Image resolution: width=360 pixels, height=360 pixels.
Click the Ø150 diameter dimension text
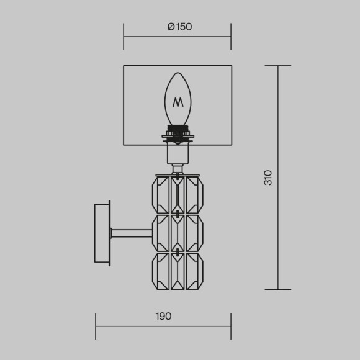(x=179, y=27)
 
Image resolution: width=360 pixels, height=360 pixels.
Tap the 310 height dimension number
(x=268, y=178)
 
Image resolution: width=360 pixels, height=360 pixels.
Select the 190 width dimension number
(x=163, y=316)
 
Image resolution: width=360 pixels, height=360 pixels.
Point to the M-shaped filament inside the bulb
(x=178, y=102)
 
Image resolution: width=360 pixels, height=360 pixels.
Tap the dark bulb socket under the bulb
(x=178, y=133)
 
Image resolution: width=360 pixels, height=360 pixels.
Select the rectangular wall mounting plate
(x=102, y=233)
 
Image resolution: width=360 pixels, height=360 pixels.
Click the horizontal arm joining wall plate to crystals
(x=132, y=233)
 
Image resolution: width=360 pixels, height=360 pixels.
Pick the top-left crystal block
(x=161, y=194)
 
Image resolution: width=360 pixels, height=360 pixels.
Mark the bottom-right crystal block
(x=195, y=271)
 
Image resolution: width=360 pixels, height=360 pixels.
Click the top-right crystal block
(x=195, y=194)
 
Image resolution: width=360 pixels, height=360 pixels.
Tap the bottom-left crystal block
(x=161, y=271)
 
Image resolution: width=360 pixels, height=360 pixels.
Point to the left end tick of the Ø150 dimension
(x=124, y=36)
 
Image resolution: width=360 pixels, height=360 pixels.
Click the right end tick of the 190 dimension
(x=231, y=326)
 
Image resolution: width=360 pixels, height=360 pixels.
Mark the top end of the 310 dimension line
(x=277, y=66)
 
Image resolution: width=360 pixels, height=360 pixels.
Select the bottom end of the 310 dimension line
(x=277, y=289)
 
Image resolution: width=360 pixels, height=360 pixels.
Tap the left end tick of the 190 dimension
(x=96, y=326)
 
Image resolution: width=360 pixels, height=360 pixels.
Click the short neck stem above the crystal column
(x=178, y=168)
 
